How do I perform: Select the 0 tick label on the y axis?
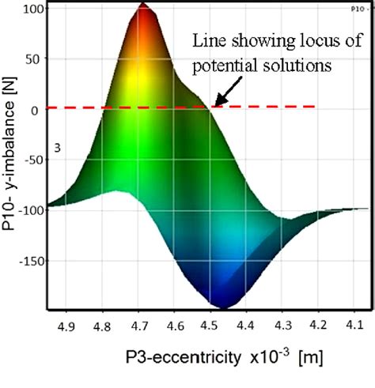pyautogui.click(x=35, y=111)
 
